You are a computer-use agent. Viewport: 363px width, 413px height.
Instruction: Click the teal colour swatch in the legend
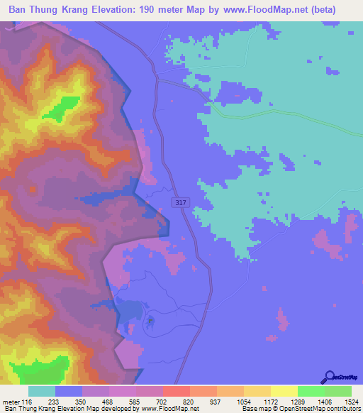[x=42, y=391]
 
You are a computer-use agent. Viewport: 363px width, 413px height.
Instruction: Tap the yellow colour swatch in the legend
[x=284, y=391]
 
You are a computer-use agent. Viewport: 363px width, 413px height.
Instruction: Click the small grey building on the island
[x=150, y=321]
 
